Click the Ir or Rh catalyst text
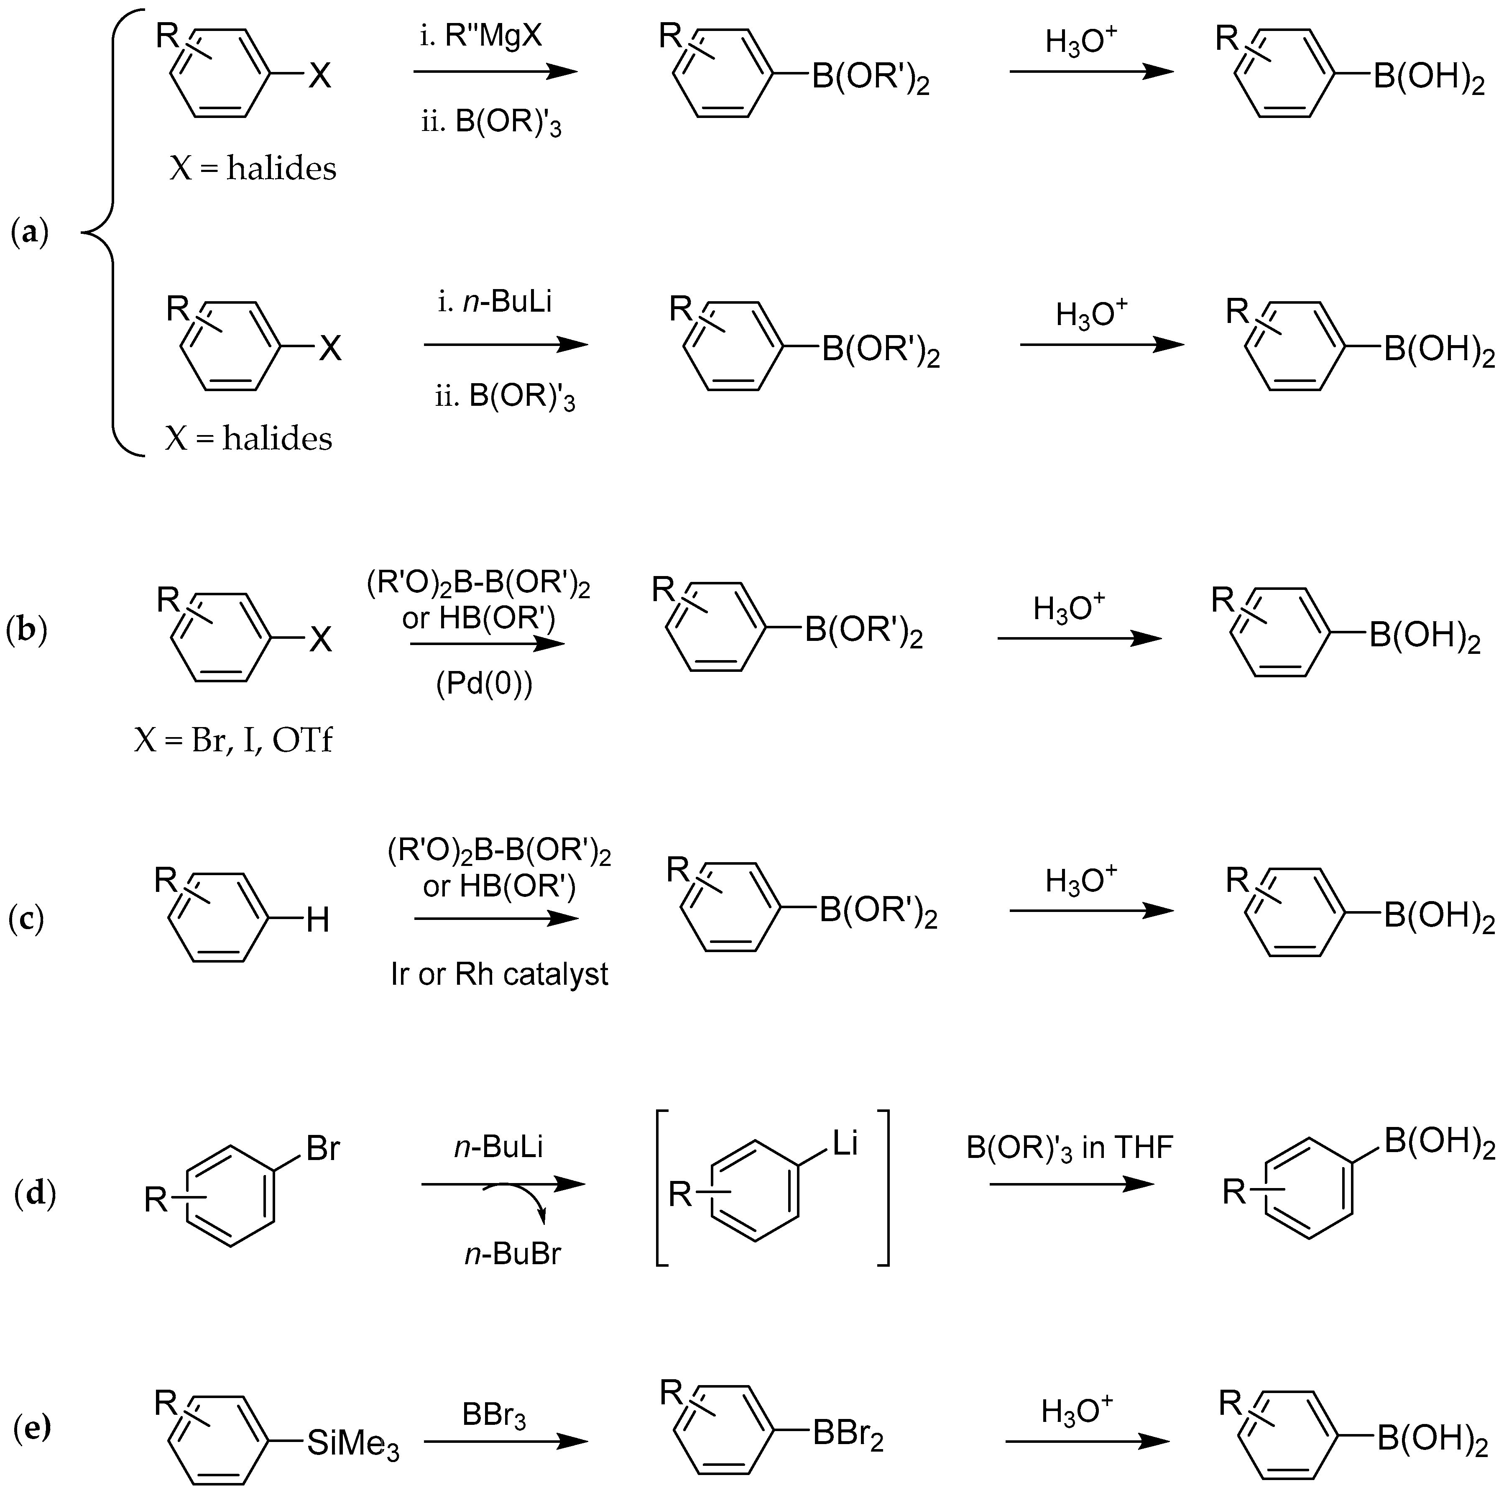click(499, 974)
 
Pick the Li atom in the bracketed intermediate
click(845, 1143)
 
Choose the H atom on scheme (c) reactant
click(318, 921)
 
